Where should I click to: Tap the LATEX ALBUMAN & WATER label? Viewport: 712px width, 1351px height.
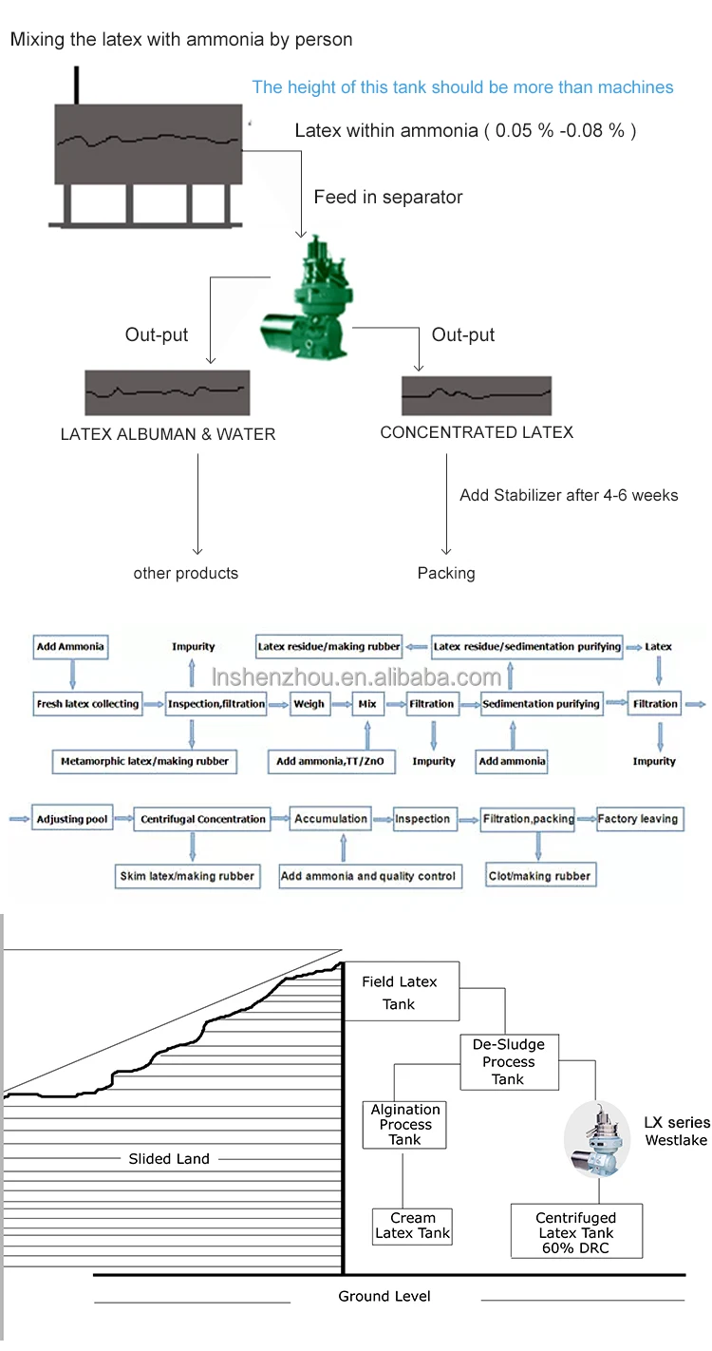tap(167, 434)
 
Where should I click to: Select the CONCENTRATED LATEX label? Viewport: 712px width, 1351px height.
tap(477, 432)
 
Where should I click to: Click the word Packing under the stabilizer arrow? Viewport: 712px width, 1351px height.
tap(446, 573)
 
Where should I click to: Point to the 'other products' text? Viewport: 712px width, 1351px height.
tap(186, 573)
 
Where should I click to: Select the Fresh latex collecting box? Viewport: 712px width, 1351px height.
tap(87, 704)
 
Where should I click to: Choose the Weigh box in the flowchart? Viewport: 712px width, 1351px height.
tap(309, 704)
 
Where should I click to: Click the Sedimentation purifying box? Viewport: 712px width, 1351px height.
tap(541, 704)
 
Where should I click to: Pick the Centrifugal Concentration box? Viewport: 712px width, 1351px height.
tap(203, 819)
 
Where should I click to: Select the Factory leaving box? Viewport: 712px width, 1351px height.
tap(638, 818)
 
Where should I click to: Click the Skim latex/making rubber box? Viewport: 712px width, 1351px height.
tap(187, 876)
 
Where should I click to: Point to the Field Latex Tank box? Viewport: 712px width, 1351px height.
tap(399, 993)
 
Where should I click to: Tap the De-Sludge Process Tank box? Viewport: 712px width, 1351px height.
tap(508, 1061)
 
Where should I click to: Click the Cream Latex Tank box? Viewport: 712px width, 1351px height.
tap(413, 1226)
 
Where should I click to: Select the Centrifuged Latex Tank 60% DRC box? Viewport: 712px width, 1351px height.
tap(576, 1232)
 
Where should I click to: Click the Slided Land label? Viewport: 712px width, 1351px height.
tap(169, 1158)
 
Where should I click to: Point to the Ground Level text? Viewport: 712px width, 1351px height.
tap(384, 1296)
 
